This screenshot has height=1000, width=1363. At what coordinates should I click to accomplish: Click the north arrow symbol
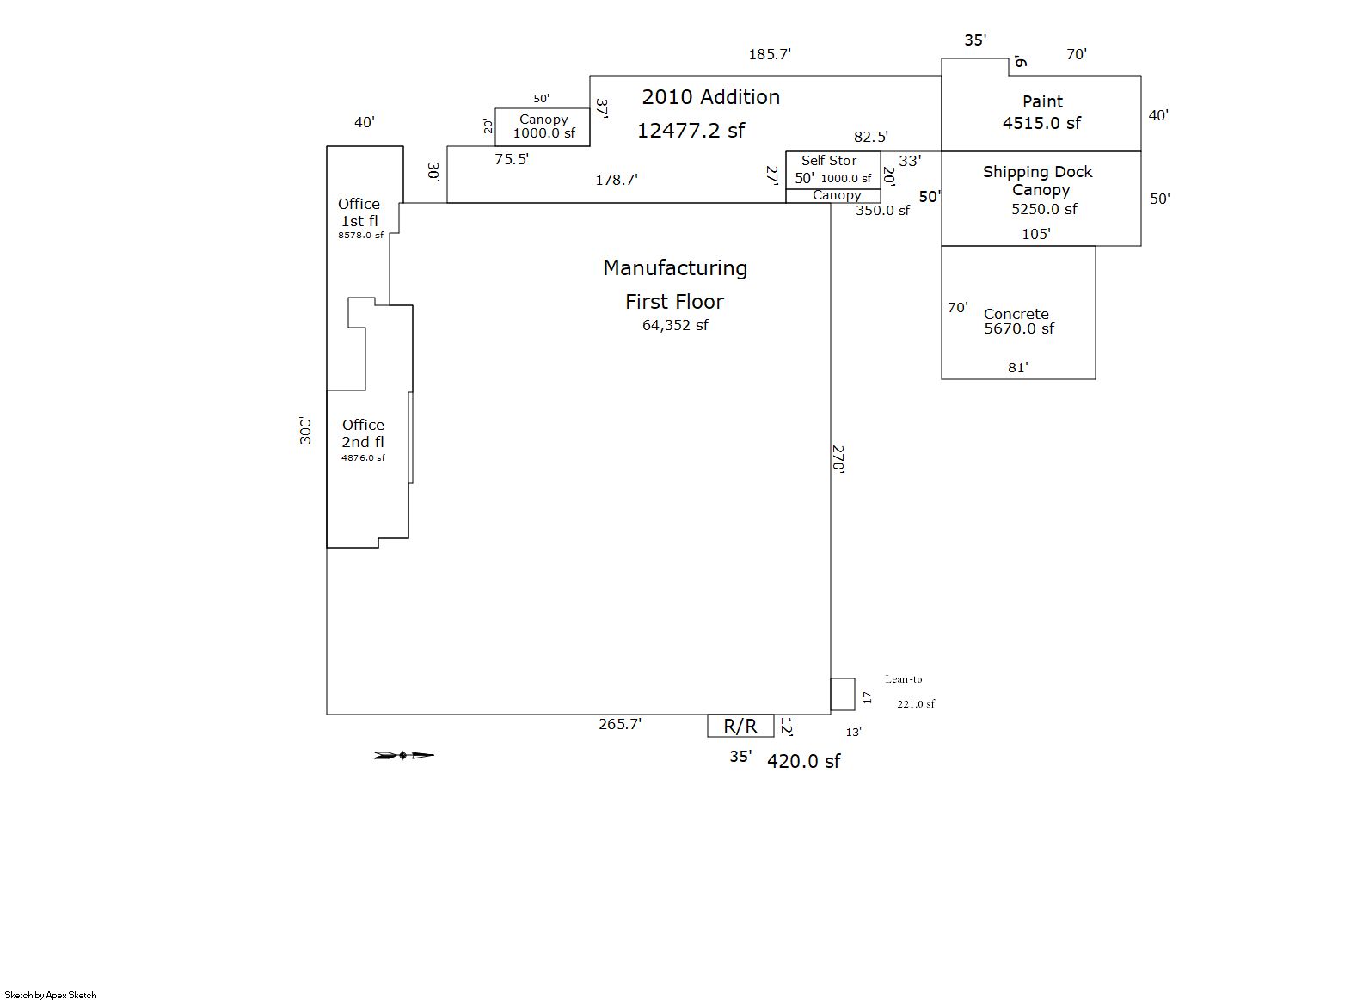tap(404, 756)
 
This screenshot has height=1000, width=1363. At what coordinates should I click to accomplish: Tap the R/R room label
tap(740, 726)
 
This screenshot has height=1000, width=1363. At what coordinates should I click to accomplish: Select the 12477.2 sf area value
tap(691, 130)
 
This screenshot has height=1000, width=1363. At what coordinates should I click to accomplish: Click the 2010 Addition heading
tap(710, 97)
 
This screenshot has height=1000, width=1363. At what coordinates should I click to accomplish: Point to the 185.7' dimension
tap(770, 54)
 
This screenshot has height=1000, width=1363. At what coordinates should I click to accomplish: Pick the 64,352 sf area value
tap(675, 325)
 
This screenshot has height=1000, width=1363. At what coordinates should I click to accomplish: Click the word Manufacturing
tap(675, 268)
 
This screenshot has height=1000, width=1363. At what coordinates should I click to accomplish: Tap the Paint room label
tap(1042, 101)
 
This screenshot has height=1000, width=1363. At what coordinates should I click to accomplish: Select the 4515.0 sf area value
tap(1041, 123)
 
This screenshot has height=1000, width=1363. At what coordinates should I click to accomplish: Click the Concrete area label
tap(1016, 314)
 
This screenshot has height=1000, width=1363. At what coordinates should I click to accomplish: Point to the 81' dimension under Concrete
tap(1017, 368)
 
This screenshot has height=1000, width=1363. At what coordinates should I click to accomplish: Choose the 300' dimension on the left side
tap(306, 430)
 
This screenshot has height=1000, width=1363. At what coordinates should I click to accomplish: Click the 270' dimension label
tap(838, 459)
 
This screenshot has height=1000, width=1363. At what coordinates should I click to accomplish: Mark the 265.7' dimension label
tap(620, 724)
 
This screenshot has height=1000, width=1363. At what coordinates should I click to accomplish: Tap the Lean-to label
tap(903, 679)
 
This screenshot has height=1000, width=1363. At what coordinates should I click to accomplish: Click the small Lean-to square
tap(843, 695)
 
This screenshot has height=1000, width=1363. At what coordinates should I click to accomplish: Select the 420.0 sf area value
tap(803, 761)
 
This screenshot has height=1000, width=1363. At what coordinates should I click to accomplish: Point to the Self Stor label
tap(829, 161)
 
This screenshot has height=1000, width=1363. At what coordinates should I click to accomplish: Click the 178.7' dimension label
tap(617, 180)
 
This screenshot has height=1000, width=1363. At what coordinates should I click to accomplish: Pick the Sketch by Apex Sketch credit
tap(51, 995)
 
